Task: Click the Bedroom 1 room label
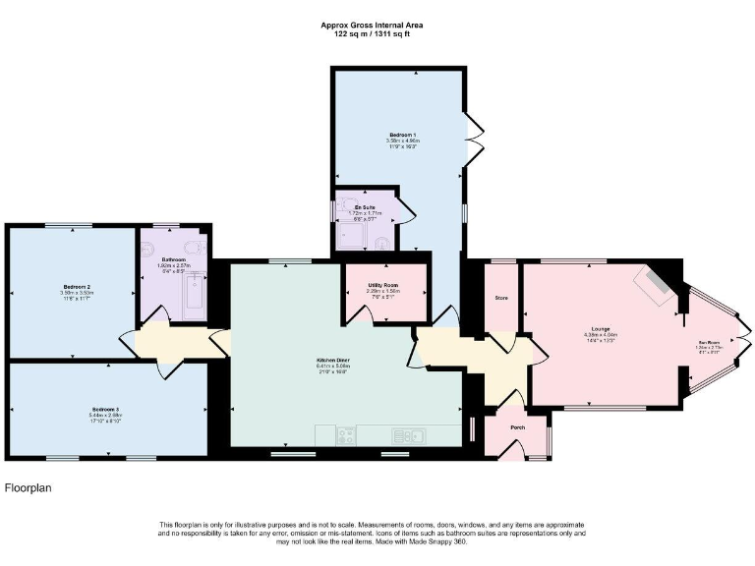[402, 133]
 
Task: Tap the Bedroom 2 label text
[68, 287]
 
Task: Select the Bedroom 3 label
[105, 408]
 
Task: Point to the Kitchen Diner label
[333, 361]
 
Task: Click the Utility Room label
[382, 285]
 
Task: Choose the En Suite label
[365, 207]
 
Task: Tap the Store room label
[500, 297]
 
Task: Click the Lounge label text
[601, 328]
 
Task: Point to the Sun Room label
[709, 343]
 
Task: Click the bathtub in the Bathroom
[194, 298]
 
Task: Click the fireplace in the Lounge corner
[654, 283]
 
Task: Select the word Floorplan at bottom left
[28, 487]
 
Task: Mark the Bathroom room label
[173, 260]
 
